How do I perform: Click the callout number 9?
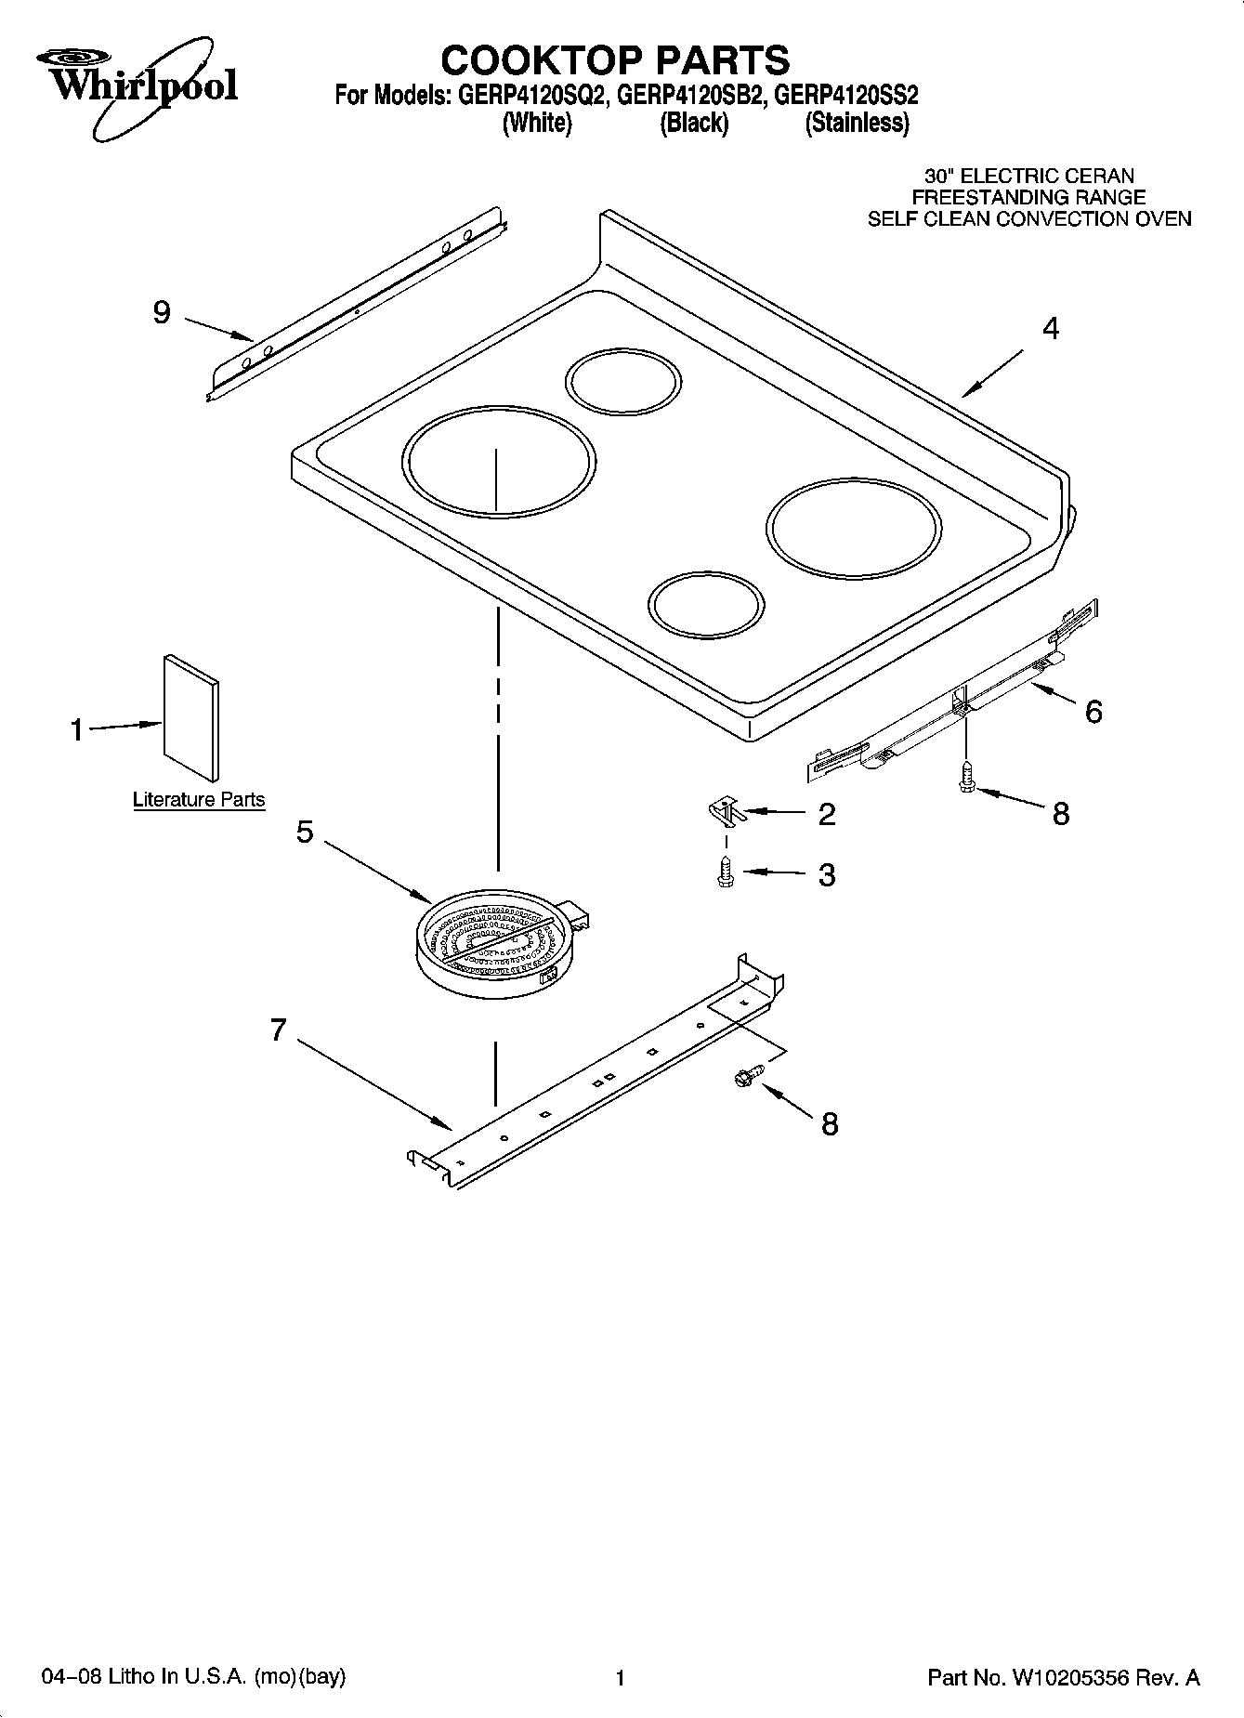tap(162, 312)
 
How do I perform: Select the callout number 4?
tap(1051, 328)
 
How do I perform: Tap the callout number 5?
tap(305, 831)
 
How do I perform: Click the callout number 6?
tap(1093, 712)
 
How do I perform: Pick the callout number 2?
tap(826, 814)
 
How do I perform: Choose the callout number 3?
tap(826, 874)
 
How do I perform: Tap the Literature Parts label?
tap(199, 799)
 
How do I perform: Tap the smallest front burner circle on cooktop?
tap(706, 604)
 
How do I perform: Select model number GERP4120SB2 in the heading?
tap(690, 96)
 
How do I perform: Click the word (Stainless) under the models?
tap(857, 123)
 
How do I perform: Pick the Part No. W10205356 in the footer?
tap(1064, 1677)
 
